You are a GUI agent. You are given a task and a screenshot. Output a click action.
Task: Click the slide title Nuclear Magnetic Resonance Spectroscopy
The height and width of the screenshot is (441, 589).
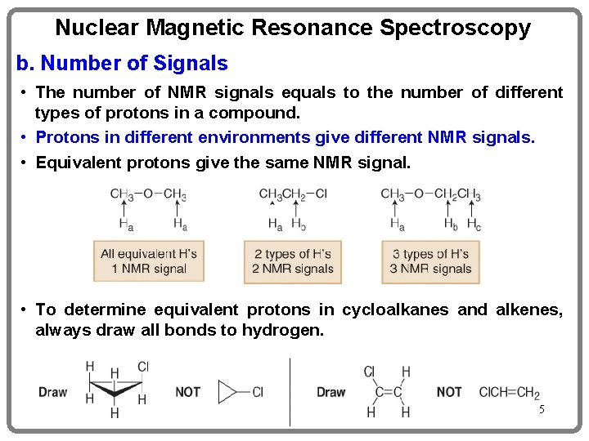(293, 29)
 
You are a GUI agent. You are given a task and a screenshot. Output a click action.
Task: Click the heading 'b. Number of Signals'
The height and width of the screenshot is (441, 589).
(123, 63)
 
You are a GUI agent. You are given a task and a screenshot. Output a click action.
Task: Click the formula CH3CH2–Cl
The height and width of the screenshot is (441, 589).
(293, 194)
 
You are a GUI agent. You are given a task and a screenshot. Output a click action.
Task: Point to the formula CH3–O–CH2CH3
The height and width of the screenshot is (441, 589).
(430, 194)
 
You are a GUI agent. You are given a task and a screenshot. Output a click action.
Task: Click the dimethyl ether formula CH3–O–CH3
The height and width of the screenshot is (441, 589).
(149, 194)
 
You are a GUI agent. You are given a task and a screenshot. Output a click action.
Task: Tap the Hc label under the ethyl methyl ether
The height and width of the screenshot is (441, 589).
(474, 225)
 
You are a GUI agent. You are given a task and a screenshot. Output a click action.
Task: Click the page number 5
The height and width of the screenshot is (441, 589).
(541, 408)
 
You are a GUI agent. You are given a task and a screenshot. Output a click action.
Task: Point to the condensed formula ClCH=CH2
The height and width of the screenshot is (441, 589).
(509, 393)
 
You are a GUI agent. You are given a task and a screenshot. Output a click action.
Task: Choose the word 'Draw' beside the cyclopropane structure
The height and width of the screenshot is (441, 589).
(53, 392)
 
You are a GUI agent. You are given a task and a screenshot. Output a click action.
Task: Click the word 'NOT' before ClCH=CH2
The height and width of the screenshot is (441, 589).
(449, 392)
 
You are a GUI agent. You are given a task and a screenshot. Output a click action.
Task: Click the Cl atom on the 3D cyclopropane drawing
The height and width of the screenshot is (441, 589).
(142, 367)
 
